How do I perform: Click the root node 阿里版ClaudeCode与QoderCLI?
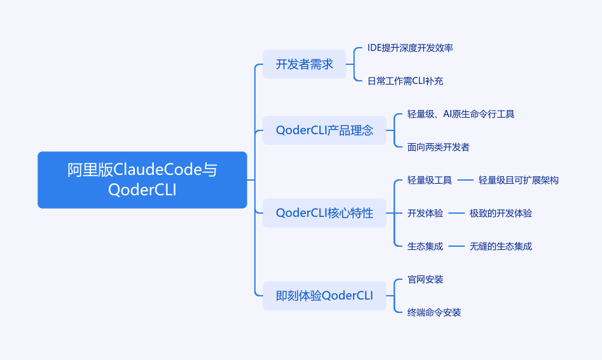142,180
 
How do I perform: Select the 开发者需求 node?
304,64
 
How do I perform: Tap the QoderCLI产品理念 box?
324,130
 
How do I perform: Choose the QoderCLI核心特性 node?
324,213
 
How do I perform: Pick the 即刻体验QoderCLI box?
324,296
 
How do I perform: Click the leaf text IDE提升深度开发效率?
410,48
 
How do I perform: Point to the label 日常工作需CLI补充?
405,81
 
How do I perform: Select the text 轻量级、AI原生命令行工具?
460,114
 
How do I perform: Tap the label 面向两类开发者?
438,147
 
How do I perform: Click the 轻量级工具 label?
429,180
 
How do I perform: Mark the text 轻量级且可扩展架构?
518,180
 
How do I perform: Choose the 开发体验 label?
425,213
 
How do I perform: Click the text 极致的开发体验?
500,213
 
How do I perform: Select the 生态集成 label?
425,246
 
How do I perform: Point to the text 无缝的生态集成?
500,246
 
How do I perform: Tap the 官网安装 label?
425,279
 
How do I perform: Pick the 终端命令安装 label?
434,312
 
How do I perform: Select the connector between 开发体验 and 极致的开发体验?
456,213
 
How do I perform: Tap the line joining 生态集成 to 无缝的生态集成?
456,246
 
